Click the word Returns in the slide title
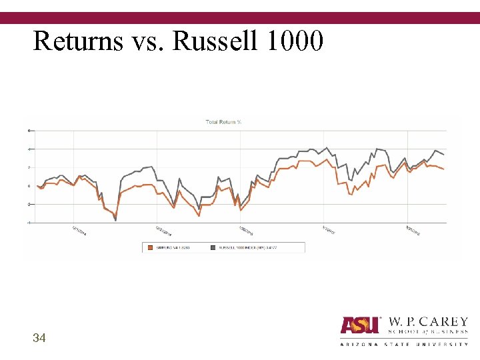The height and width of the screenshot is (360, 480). [x=77, y=41]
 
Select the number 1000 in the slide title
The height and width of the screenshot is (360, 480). [x=294, y=41]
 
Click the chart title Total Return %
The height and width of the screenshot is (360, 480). [x=223, y=122]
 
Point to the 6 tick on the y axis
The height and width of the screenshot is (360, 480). [x=29, y=130]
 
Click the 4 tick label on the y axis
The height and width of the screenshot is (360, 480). [x=29, y=149]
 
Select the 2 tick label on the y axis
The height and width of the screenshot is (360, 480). [x=29, y=167]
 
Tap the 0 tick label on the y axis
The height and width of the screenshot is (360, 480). [x=29, y=186]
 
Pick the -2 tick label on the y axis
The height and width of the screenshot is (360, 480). [x=29, y=205]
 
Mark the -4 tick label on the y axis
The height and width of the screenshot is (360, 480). [x=29, y=223]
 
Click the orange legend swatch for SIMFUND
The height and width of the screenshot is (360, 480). [x=151, y=247]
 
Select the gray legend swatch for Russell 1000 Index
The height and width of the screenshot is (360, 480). [x=214, y=247]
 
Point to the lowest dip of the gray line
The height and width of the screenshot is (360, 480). [x=115, y=220]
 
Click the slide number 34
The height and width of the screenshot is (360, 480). [x=39, y=339]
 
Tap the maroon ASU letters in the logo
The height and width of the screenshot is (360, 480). [x=360, y=325]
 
